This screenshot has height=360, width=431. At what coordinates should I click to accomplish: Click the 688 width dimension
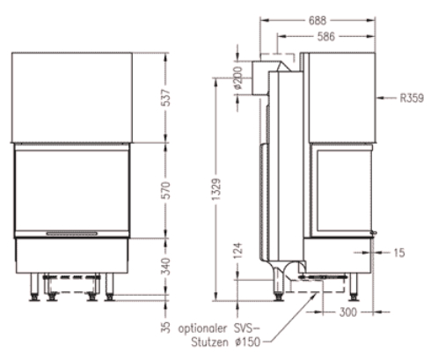pos(318,20)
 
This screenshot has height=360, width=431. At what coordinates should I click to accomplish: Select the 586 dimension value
pos(326,37)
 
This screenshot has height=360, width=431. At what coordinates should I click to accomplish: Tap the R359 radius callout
pos(412,98)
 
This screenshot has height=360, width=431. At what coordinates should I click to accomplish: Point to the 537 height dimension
pos(166,98)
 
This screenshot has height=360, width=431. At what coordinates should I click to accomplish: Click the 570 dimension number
pos(166,190)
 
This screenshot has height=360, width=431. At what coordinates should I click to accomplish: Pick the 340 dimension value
pos(166,266)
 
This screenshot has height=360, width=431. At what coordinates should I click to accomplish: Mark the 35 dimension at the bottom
pos(165,327)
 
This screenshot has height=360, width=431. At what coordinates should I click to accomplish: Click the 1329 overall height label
pos(216,189)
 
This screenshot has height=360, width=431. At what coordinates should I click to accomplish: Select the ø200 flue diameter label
pos(238,78)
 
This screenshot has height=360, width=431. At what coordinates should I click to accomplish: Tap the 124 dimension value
pos(238,250)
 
